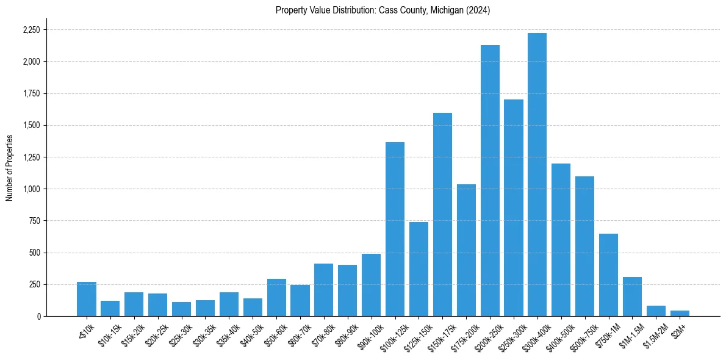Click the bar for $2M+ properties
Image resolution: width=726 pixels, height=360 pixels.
[680, 313]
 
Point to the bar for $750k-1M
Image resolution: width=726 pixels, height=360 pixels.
[608, 275]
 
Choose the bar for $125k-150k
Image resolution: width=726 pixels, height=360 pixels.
[419, 269]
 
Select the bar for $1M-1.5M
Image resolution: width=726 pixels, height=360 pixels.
[632, 297]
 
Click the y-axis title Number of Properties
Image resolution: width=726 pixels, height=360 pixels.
[9, 167]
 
